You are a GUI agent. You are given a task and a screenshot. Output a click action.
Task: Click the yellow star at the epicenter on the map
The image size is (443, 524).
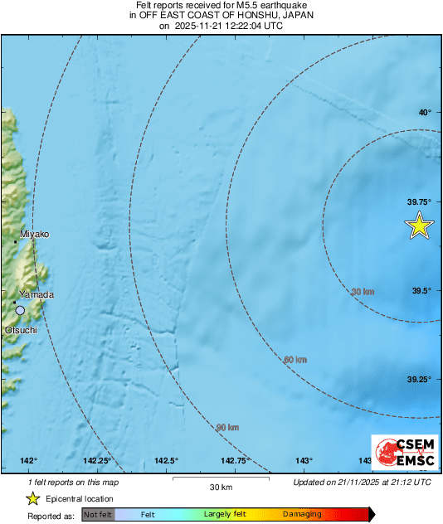(x=420, y=226)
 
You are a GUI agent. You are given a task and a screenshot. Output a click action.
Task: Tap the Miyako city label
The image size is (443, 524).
(x=34, y=235)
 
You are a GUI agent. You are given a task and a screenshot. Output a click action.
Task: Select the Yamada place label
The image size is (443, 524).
(x=37, y=295)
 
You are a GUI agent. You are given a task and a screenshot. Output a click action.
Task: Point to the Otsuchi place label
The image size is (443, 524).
(x=22, y=329)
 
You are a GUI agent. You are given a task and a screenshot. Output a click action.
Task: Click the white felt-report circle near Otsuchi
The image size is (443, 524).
(x=21, y=310)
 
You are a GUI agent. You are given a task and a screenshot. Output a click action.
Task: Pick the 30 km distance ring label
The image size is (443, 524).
(x=363, y=292)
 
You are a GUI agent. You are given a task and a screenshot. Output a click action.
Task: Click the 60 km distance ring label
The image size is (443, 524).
(x=295, y=359)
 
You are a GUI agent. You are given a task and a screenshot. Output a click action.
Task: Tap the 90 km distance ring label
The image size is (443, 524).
(x=227, y=428)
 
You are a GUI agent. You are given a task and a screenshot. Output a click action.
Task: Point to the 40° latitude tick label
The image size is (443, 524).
(x=424, y=113)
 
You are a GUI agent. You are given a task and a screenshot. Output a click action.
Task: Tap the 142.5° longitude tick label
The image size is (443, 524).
(x=167, y=461)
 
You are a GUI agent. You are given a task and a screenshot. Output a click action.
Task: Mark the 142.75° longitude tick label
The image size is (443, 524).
(x=236, y=461)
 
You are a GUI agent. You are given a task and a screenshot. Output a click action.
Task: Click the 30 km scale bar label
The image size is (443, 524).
(x=221, y=486)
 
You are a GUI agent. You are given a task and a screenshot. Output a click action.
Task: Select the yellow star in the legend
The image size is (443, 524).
(x=32, y=498)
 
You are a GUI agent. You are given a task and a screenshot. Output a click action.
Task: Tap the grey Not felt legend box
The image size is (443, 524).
(x=98, y=515)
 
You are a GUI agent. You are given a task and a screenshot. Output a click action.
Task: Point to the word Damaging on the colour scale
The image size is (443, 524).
(x=301, y=515)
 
